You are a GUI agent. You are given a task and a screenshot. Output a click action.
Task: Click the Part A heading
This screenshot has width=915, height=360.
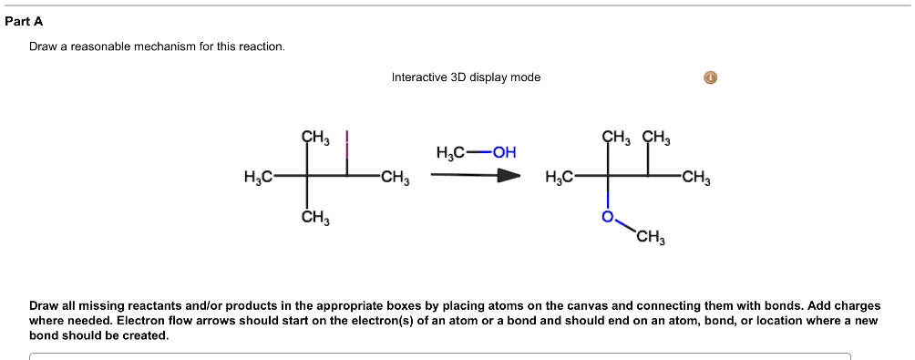click(x=24, y=21)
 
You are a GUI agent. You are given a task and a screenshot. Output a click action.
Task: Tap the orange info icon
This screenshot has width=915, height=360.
click(x=711, y=77)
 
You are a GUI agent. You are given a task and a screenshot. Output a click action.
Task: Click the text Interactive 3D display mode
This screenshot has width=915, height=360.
click(x=466, y=77)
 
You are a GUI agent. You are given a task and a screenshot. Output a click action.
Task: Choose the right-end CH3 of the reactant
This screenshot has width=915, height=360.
click(x=396, y=177)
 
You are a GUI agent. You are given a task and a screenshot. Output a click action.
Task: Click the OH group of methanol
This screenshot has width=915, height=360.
click(x=505, y=152)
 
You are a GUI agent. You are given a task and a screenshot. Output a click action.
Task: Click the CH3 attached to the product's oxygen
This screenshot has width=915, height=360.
click(x=651, y=240)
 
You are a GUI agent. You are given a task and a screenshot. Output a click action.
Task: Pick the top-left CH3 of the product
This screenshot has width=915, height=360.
click(x=616, y=139)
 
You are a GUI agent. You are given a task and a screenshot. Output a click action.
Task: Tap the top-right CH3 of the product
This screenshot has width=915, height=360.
click(x=656, y=139)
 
